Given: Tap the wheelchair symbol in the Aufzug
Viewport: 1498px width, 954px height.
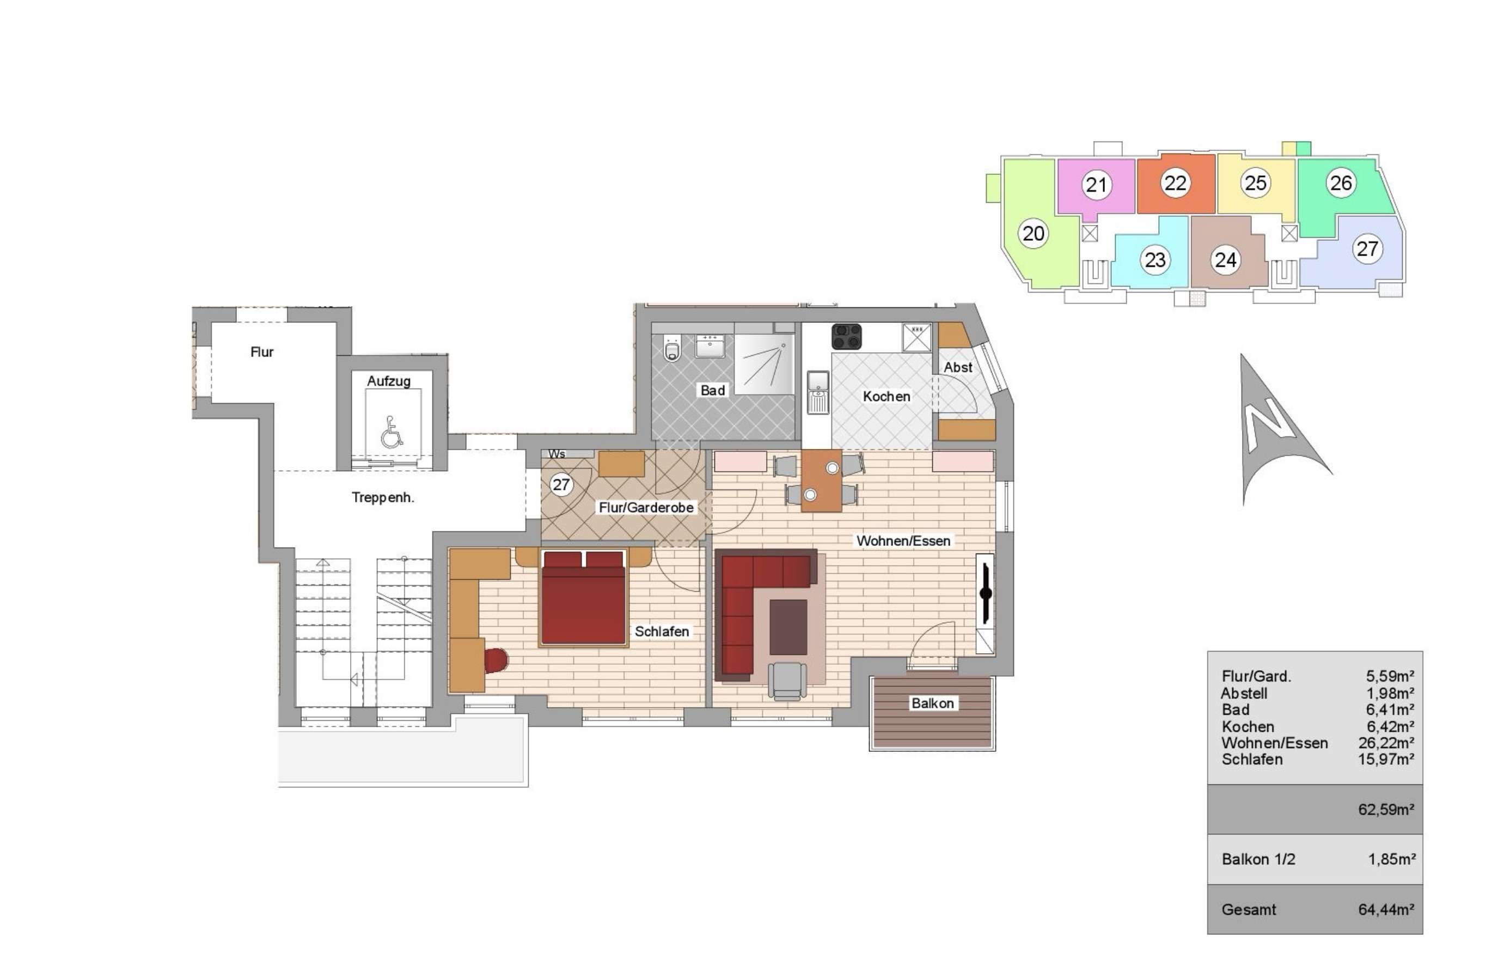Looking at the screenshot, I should [392, 433].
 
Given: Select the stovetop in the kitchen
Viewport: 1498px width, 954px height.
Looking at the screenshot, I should [847, 337].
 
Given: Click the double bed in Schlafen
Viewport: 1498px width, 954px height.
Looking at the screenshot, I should [583, 599].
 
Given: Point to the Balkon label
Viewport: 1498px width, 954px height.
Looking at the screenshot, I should [932, 703].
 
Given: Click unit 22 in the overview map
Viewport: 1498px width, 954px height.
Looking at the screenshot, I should [1175, 183].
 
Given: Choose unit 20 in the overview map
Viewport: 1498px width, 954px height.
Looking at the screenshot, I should [1034, 234].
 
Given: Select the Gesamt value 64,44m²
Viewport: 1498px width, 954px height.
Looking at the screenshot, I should [1386, 910].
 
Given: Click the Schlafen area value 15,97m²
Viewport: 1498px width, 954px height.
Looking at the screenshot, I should [1386, 759].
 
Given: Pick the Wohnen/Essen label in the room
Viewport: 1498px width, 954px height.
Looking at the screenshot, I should [903, 541].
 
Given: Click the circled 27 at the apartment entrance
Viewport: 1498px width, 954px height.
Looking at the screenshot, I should [561, 484].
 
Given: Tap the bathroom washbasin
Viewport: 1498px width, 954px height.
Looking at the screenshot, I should [709, 346].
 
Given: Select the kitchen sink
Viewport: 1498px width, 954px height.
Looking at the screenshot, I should [818, 392].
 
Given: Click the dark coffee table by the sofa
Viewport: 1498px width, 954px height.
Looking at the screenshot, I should [788, 627].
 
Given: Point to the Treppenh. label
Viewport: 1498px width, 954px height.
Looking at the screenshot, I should [383, 497].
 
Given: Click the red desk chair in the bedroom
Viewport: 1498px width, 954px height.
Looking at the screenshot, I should [496, 660].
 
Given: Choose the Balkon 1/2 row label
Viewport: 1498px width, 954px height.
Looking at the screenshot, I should [1258, 859].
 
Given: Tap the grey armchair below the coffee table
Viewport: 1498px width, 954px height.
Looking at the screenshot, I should [787, 679].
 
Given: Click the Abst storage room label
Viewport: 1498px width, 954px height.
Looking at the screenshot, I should [957, 367].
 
